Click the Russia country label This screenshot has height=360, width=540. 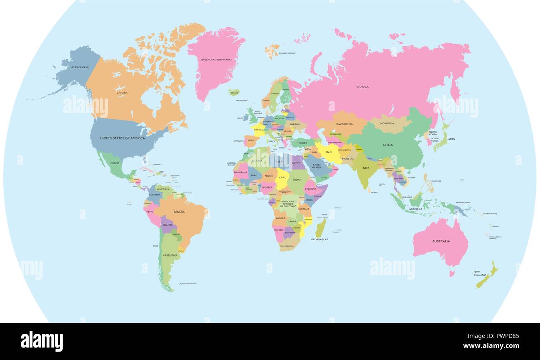[363, 87]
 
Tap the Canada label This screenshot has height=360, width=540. [122, 93]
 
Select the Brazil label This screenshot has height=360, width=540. [179, 212]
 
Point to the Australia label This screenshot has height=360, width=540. [441, 241]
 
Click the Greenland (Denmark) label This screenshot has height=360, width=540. [216, 59]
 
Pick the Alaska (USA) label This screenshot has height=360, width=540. [80, 67]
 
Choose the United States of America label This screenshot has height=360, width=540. [123, 138]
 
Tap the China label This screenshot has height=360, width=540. [388, 145]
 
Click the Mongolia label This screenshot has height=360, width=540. [387, 123]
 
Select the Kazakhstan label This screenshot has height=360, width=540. [345, 124]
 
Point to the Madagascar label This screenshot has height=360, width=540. [319, 239]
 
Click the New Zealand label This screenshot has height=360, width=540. [479, 274]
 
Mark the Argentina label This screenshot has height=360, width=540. [170, 255]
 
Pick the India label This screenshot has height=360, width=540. [366, 168]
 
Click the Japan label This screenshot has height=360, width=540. [451, 139]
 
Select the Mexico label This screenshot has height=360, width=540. [114, 163]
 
